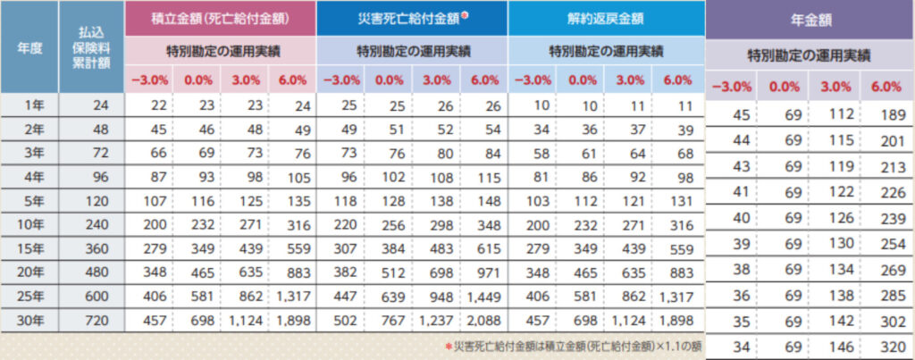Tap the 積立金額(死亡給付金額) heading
(x=220, y=17)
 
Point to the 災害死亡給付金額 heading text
(x=407, y=17)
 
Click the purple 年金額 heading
(x=808, y=19)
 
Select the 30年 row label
(x=29, y=318)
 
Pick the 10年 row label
(x=29, y=224)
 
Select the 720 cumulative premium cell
(x=91, y=318)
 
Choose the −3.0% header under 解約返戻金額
(x=533, y=79)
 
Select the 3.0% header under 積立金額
(x=244, y=79)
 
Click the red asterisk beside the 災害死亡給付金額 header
(x=463, y=13)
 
